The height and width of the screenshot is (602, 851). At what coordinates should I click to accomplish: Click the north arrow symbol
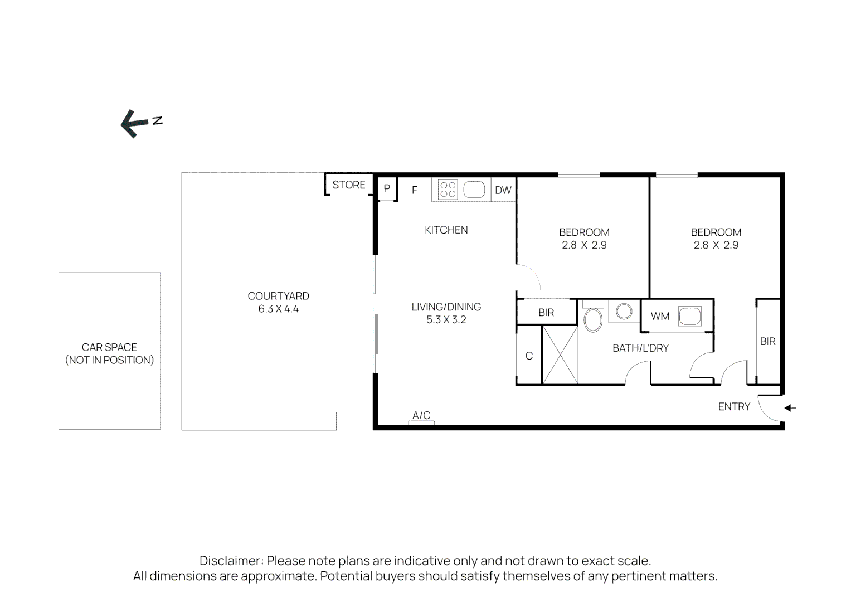point(131,123)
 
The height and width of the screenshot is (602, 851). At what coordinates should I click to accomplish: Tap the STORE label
point(349,185)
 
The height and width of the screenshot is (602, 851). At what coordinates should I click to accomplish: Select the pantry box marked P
point(387,189)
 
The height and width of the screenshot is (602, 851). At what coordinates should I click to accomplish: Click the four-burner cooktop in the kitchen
point(448,190)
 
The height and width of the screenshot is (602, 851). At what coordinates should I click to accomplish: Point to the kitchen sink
point(474,190)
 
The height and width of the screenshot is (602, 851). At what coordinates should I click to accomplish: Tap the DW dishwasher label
point(503,190)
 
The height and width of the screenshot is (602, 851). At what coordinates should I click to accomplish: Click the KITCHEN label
point(446,230)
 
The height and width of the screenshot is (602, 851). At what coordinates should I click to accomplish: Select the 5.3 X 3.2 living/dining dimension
point(446,319)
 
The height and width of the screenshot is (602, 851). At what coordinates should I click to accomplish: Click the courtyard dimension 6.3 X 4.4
point(278,309)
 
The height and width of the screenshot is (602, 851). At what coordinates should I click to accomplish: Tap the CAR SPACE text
point(109,347)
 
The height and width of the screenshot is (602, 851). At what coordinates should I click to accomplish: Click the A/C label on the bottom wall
point(421,415)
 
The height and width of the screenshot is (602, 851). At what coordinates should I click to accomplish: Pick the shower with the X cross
point(560,355)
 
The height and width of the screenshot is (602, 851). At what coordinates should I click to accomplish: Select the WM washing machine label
point(660,317)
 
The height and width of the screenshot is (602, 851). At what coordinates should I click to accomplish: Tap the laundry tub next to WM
point(690,316)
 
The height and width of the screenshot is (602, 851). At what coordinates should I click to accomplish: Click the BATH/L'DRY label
point(640,348)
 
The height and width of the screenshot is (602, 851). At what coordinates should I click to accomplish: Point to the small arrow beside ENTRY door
point(790,408)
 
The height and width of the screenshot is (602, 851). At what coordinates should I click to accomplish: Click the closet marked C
point(529,356)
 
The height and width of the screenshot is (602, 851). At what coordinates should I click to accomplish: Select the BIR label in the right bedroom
point(767,341)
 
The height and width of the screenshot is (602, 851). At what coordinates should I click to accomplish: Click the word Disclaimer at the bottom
point(230,561)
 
